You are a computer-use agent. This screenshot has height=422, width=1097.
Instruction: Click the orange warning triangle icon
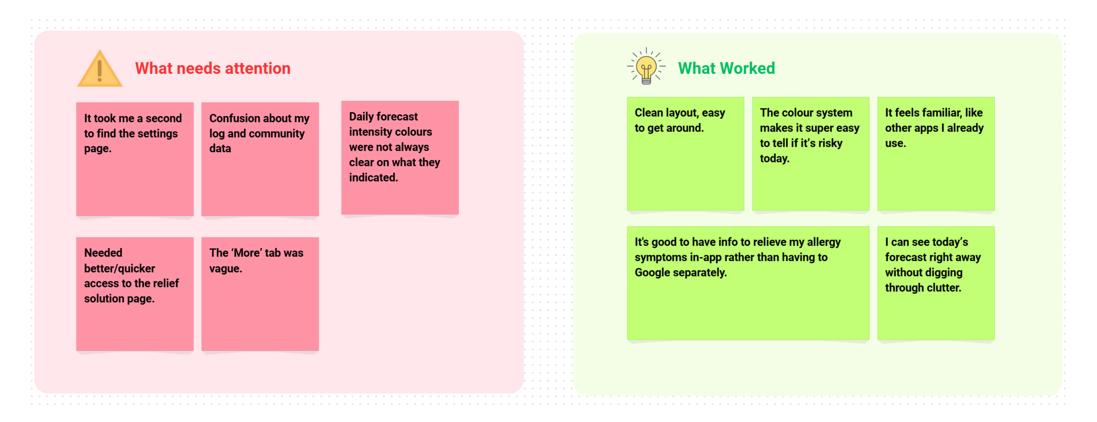[100, 69]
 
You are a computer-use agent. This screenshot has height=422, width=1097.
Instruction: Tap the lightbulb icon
[646, 66]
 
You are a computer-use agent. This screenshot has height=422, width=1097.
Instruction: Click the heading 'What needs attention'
[213, 68]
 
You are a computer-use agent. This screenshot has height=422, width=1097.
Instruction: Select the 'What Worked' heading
[726, 68]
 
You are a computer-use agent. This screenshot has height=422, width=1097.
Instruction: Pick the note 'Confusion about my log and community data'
[260, 159]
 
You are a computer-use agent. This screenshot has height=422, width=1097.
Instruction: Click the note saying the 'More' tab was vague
[260, 294]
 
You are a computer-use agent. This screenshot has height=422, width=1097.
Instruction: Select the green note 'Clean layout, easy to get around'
[685, 153]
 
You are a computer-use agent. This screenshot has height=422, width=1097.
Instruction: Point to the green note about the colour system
[811, 153]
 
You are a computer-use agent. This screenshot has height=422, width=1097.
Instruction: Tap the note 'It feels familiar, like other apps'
[936, 153]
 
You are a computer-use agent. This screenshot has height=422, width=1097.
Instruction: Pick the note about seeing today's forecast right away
[936, 283]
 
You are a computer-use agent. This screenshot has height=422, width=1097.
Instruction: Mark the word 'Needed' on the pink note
[103, 253]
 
